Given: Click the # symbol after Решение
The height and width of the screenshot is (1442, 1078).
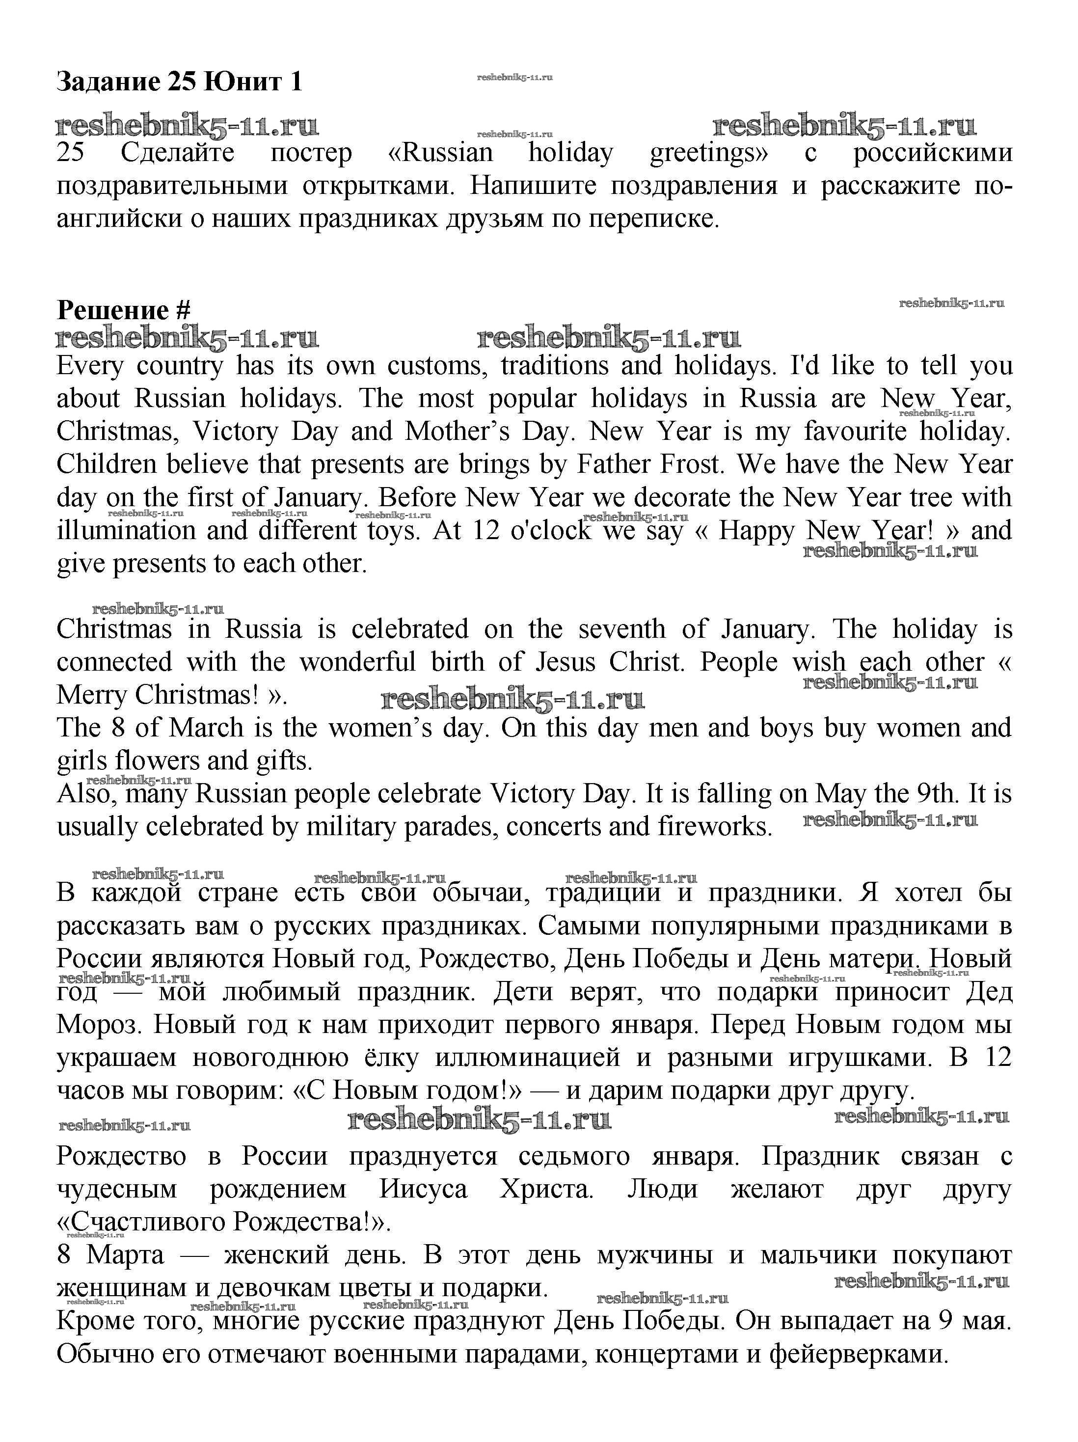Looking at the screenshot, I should pyautogui.click(x=183, y=310).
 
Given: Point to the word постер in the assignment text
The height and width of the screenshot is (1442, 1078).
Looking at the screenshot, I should pyautogui.click(x=310, y=153).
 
